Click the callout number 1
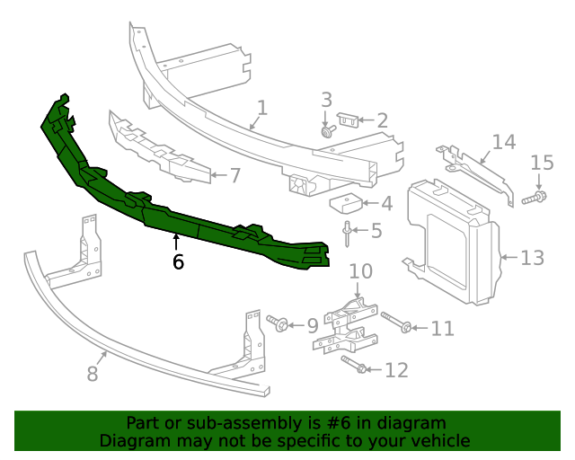point(261,108)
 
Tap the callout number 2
point(382,120)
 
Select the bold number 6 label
point(177,262)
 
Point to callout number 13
point(532,258)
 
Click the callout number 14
point(503,141)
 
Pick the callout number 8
point(93,373)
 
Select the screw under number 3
point(327,131)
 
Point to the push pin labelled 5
point(346,233)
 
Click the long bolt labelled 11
point(395,323)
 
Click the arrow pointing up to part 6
point(176,241)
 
